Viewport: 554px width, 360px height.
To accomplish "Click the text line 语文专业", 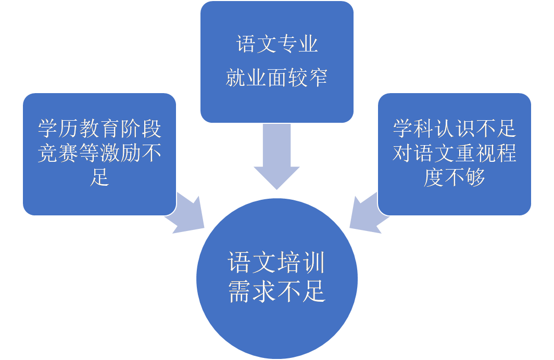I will [276, 45].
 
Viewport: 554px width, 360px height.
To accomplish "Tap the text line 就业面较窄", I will [276, 78].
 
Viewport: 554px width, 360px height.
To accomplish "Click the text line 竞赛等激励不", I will [99, 153].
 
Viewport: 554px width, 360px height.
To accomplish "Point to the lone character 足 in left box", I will [99, 177].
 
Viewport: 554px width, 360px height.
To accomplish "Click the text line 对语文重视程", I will [454, 153].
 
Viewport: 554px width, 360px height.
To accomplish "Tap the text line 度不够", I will [454, 177].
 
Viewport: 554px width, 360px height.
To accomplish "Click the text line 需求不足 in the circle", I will [276, 293].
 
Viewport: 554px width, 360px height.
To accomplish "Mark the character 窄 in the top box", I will [318, 78].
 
